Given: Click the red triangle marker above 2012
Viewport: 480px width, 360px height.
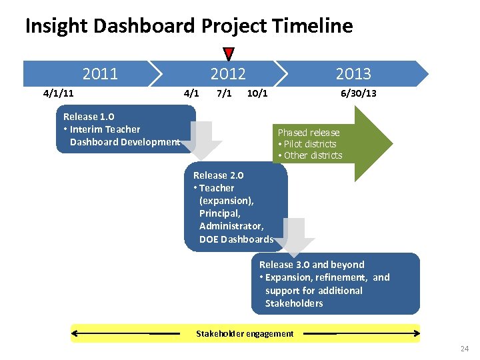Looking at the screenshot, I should [x=229, y=54].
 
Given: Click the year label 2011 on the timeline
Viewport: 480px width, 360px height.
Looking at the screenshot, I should [x=100, y=73].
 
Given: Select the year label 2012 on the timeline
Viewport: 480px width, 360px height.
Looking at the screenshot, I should [x=228, y=73].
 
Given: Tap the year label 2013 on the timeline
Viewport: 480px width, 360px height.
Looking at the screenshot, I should [x=353, y=73].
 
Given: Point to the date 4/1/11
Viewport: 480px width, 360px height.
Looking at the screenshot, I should [x=58, y=93].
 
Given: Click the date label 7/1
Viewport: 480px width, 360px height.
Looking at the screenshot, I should [x=224, y=93].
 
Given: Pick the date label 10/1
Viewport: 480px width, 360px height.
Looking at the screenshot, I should [x=257, y=93].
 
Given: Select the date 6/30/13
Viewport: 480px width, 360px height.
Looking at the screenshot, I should [x=359, y=93].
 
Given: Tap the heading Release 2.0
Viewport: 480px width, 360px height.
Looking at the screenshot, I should [x=218, y=175].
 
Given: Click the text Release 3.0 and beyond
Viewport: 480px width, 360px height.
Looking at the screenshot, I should [x=312, y=265].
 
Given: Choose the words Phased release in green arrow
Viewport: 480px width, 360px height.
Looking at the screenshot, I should [x=309, y=133].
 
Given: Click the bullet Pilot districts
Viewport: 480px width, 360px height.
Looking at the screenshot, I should [x=309, y=144].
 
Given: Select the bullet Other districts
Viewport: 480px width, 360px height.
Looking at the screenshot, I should [x=312, y=155].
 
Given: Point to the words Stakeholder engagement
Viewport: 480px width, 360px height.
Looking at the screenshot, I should [x=245, y=333].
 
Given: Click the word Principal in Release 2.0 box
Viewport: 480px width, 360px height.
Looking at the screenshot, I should [x=219, y=213].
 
